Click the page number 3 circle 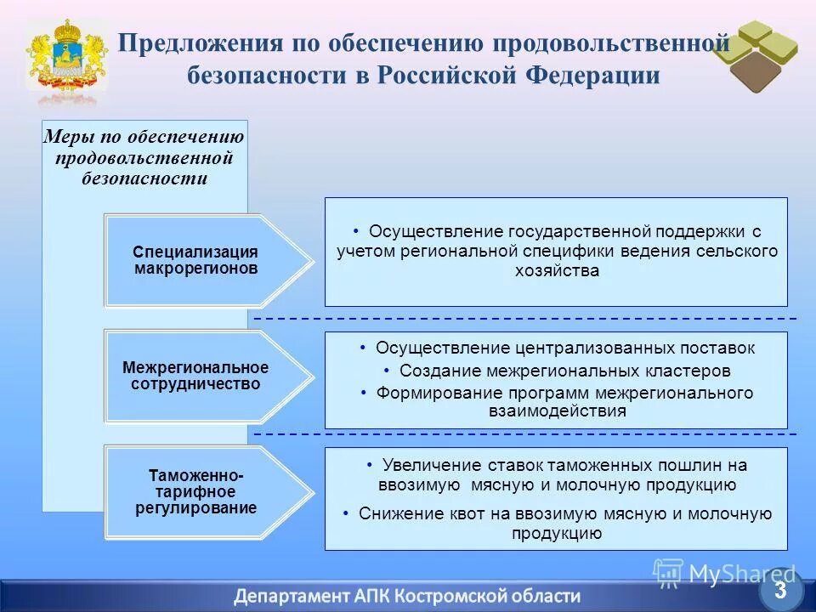(779, 589)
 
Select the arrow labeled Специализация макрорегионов (204, 260)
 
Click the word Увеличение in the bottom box (433, 465)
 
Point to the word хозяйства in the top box (557, 271)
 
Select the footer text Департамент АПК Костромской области (408, 595)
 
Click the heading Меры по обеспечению (144, 138)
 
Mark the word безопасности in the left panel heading (144, 178)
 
